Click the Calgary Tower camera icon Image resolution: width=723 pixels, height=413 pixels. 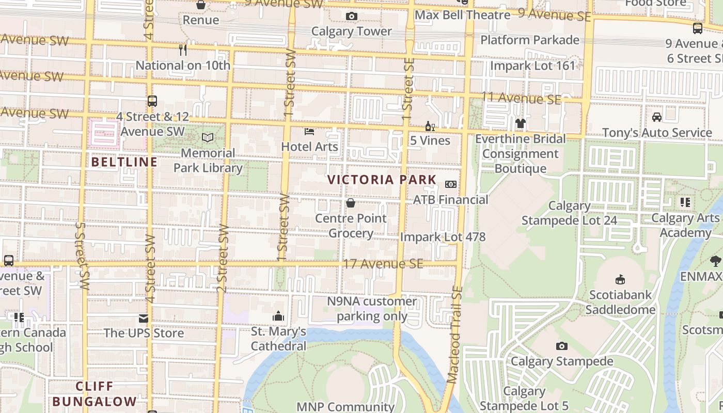click(352, 17)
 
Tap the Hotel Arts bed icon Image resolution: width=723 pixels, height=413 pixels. click(309, 132)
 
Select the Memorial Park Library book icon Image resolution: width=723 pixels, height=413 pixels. click(208, 138)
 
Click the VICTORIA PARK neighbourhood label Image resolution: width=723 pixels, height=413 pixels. click(382, 180)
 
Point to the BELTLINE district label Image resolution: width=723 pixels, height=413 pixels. click(124, 162)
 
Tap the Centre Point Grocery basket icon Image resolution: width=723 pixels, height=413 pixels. click(351, 203)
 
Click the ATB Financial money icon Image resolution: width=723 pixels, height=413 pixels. click(451, 184)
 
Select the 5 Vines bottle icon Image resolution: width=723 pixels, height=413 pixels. click(429, 126)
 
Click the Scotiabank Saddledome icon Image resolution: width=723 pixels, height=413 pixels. click(620, 280)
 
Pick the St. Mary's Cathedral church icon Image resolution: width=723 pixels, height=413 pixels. click(278, 316)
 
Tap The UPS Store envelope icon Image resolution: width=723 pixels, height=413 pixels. click(143, 319)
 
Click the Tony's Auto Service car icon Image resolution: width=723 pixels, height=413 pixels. click(656, 117)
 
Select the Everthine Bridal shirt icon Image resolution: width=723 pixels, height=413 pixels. click(520, 123)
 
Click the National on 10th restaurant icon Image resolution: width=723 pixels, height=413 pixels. click(182, 50)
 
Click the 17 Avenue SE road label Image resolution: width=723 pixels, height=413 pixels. click(383, 264)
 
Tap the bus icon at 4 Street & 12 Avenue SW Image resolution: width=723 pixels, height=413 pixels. click(152, 101)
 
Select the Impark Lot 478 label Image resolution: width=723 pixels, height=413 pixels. click(443, 237)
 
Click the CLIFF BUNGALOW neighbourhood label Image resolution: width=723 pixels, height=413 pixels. click(95, 394)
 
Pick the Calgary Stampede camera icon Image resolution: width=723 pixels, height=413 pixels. click(561, 346)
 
